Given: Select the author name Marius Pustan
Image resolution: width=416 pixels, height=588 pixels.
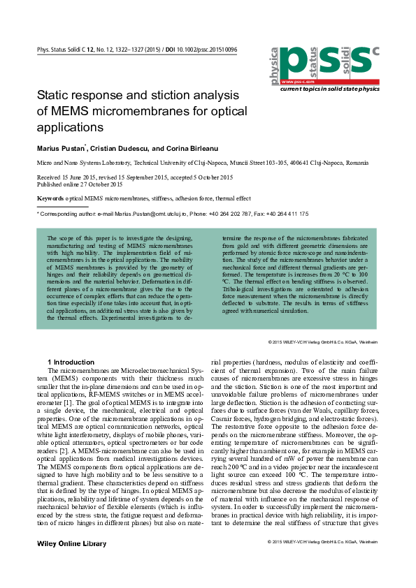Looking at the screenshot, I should click(x=61, y=149).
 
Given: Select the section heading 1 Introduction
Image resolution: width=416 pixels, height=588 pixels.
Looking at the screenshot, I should click(x=71, y=362).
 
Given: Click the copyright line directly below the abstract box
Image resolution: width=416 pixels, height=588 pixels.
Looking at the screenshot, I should click(x=322, y=342).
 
